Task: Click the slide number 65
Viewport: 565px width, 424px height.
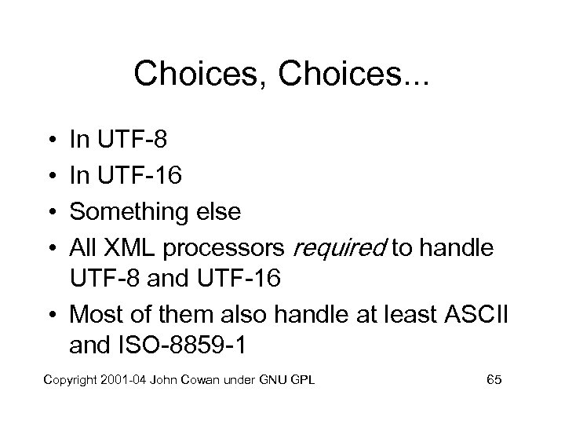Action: pos(494,380)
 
